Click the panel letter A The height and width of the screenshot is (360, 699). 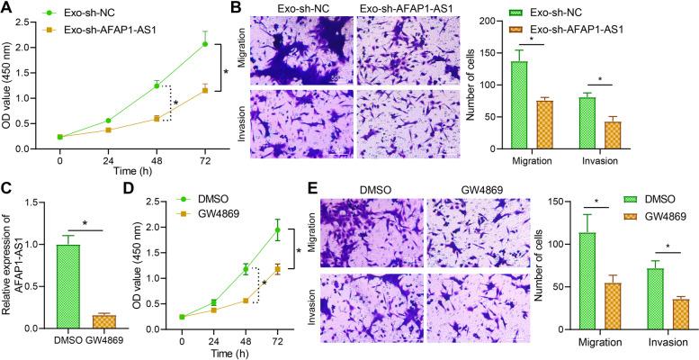tap(8, 8)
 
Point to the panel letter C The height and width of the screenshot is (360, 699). tap(8, 188)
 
